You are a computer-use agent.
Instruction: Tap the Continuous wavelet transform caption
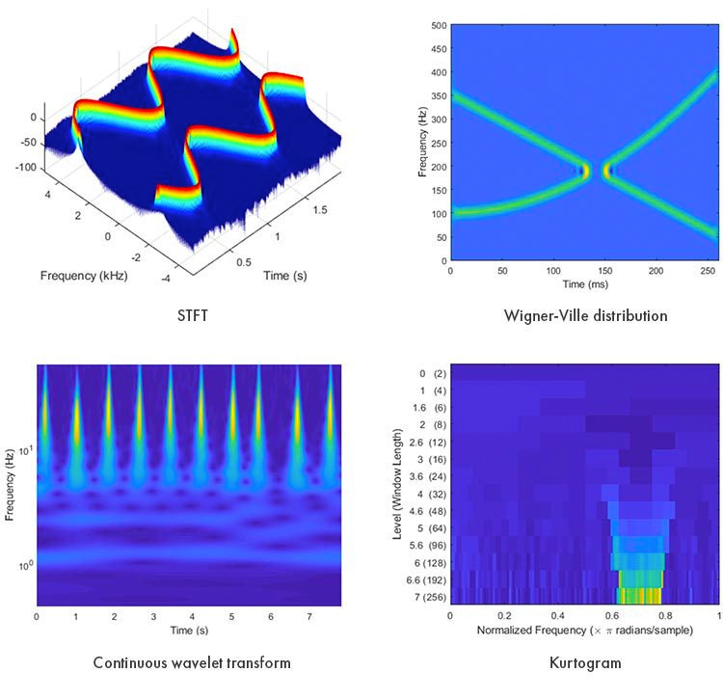pos(191,662)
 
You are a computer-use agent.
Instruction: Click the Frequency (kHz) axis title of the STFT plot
pos(84,275)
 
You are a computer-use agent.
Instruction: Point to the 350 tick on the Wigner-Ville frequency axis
pos(440,94)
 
